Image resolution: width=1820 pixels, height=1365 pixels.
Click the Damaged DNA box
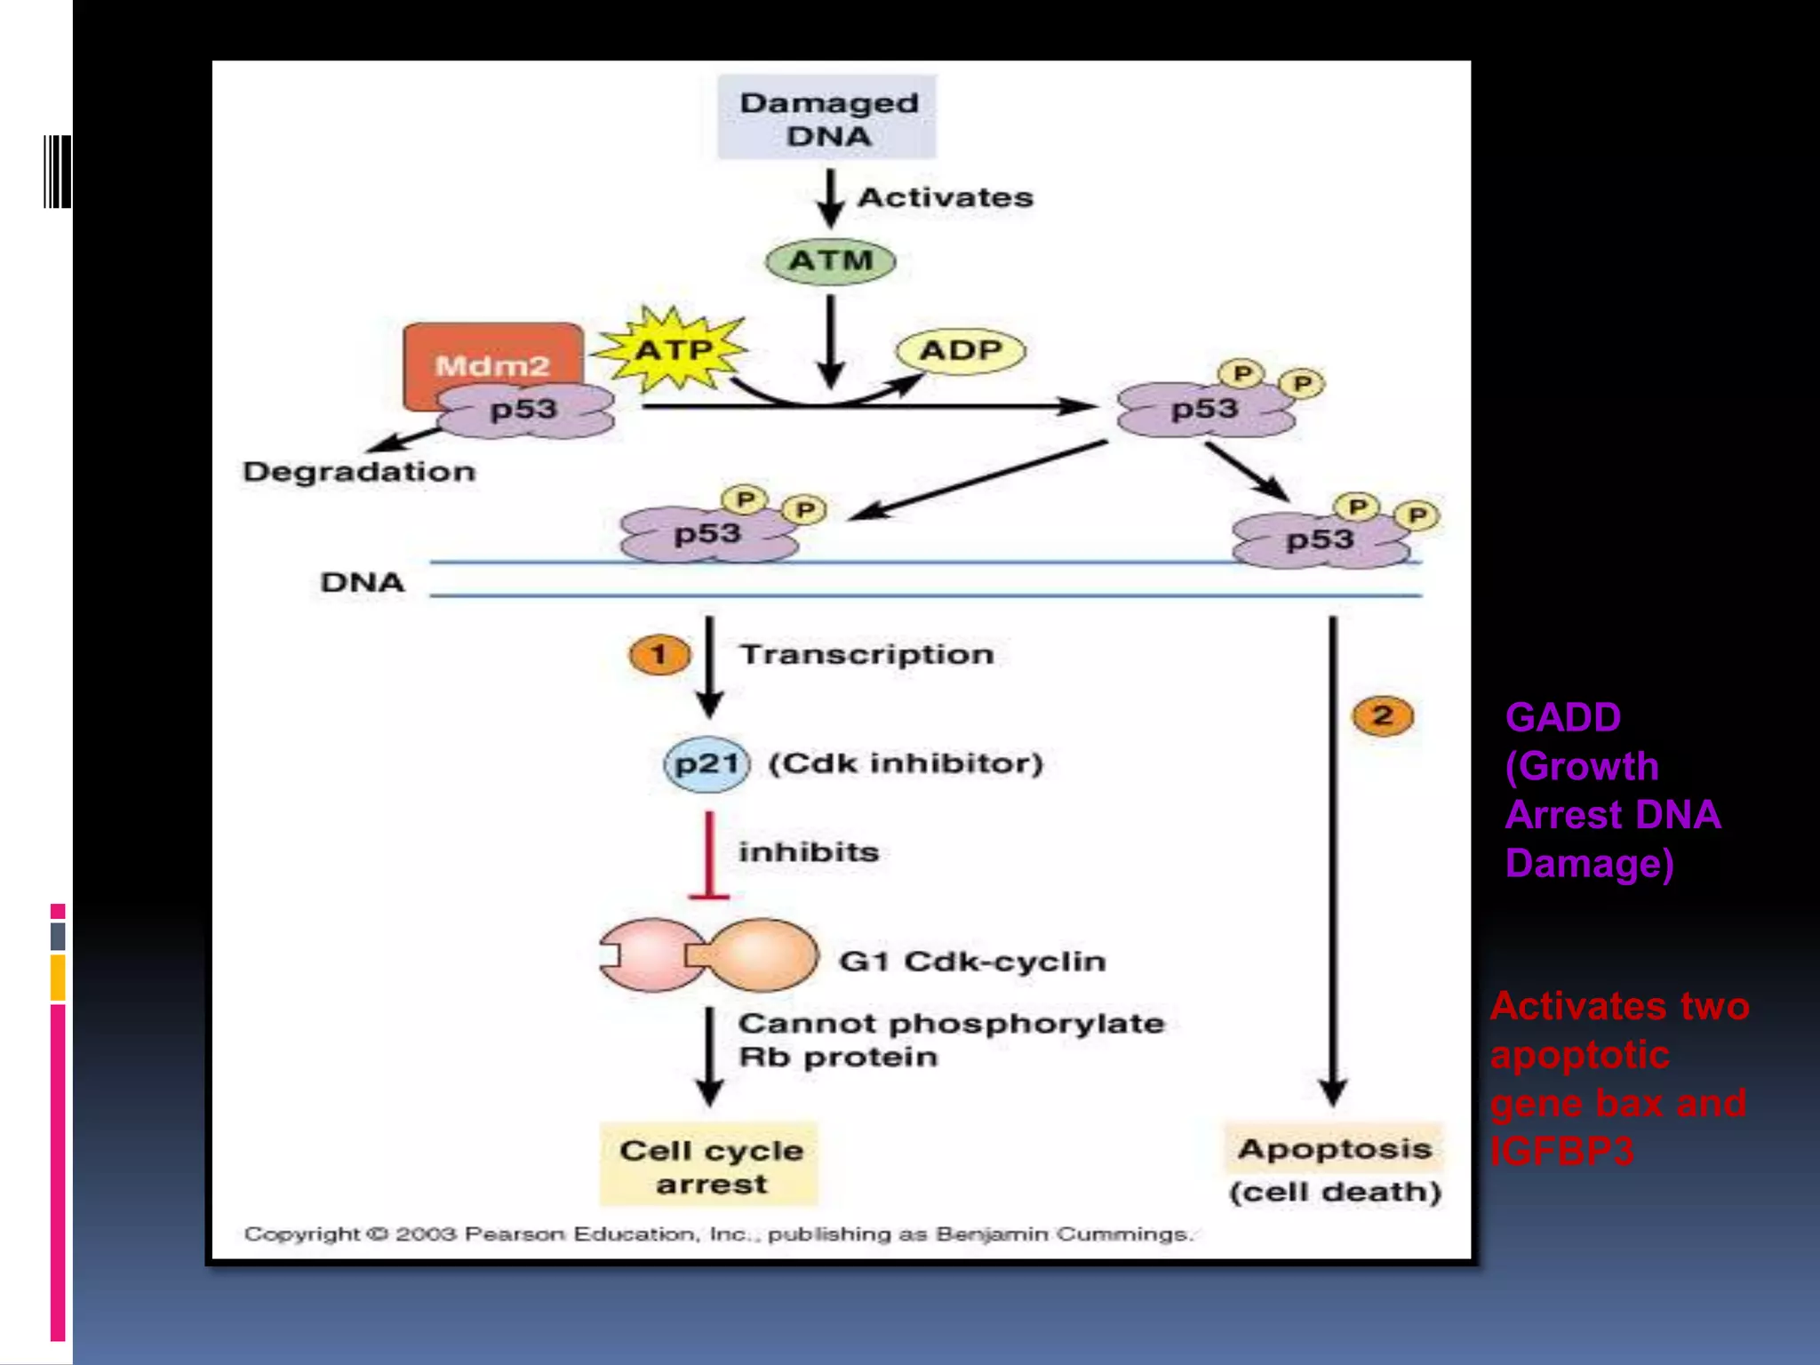pos(827,118)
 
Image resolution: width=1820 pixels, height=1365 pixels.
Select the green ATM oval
pos(830,261)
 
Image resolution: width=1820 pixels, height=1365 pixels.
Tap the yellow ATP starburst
pos(672,349)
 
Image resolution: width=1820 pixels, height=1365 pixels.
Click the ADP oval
pos(961,350)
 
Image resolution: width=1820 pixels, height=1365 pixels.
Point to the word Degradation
pos(359,471)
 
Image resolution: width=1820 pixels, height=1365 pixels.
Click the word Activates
pos(945,197)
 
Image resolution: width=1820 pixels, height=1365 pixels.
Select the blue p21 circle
pos(706,763)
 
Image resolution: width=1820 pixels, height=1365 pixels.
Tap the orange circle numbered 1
pos(659,655)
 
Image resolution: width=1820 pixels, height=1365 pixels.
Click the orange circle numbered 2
pos(1382,715)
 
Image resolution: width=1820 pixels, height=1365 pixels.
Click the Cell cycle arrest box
pos(709,1165)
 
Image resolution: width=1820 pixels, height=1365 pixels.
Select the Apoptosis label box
pos(1334,1149)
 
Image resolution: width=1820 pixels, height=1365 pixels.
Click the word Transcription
pos(866,655)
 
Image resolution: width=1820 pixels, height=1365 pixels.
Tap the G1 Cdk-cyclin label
pos(972,962)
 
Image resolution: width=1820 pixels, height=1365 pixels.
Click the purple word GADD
pos(1562,717)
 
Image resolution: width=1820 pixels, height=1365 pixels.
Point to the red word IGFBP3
pos(1561,1152)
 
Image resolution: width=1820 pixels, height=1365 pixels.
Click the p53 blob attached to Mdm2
pos(524,411)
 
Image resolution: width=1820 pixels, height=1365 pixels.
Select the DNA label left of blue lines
pos(362,582)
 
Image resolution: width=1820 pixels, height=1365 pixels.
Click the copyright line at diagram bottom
pos(718,1233)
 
